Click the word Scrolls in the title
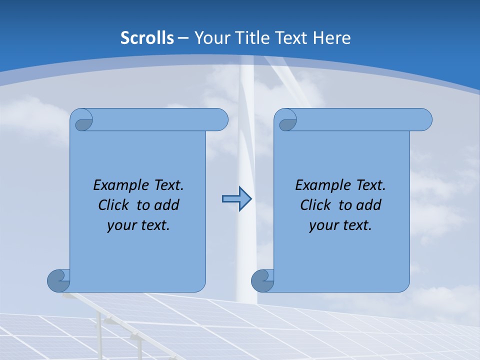[147, 38]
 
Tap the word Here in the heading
[332, 38]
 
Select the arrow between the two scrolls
[236, 199]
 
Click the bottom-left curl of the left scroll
[58, 280]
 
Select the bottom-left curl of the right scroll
[262, 280]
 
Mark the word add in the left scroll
[167, 205]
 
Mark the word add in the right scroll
[369, 205]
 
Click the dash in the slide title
[183, 38]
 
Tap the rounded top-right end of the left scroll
[220, 119]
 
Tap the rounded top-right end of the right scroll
[424, 119]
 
